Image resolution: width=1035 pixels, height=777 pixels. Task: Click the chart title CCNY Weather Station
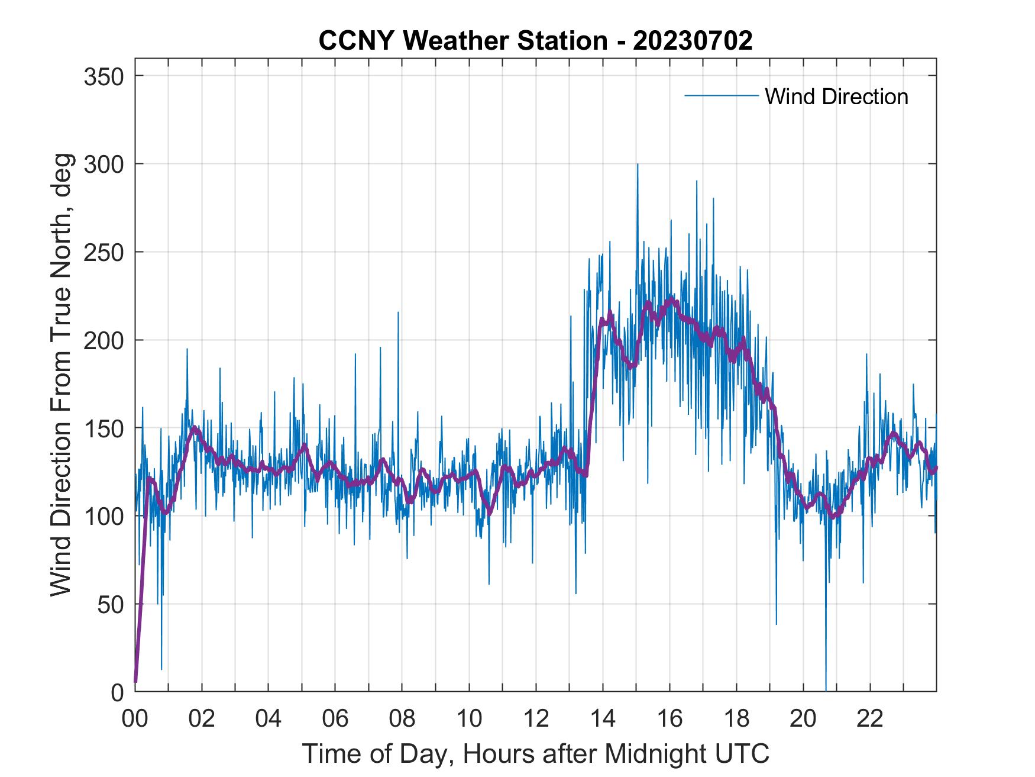pyautogui.click(x=462, y=41)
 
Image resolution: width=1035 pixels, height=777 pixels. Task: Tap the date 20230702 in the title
pyautogui.click(x=693, y=41)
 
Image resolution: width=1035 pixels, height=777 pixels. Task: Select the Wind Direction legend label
pyautogui.click(x=836, y=96)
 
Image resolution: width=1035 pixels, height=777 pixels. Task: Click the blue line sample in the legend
pyautogui.click(x=721, y=95)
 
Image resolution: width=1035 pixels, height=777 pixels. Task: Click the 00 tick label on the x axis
pyautogui.click(x=135, y=718)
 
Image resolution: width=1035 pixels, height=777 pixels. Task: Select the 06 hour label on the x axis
pyautogui.click(x=335, y=718)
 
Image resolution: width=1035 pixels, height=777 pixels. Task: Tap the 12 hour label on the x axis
pyautogui.click(x=536, y=718)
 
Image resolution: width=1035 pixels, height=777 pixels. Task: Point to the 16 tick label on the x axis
pyautogui.click(x=669, y=718)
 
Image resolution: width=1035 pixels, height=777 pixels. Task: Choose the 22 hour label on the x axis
pyautogui.click(x=870, y=718)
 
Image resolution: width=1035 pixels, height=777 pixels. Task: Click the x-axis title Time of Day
pyautogui.click(x=535, y=754)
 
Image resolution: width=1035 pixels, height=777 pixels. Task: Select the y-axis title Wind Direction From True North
pyautogui.click(x=61, y=375)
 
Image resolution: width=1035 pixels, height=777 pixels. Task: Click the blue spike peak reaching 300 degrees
pyautogui.click(x=637, y=165)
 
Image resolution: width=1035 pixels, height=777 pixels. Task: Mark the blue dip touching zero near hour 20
pyautogui.click(x=826, y=689)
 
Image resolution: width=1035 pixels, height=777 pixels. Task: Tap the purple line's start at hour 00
pyautogui.click(x=135, y=682)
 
